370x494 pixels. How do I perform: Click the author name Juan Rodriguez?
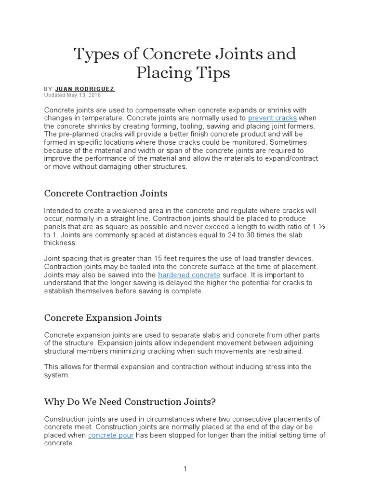point(85,89)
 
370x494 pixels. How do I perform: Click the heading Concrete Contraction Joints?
point(106,193)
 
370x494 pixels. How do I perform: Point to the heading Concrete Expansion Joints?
point(103,318)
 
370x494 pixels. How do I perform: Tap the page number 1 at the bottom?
point(185,469)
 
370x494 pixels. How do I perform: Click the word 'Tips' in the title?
point(210,72)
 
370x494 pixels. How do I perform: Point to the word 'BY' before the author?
point(48,89)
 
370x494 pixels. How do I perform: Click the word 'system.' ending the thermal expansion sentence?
point(57,375)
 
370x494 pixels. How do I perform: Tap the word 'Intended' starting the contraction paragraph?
point(59,211)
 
